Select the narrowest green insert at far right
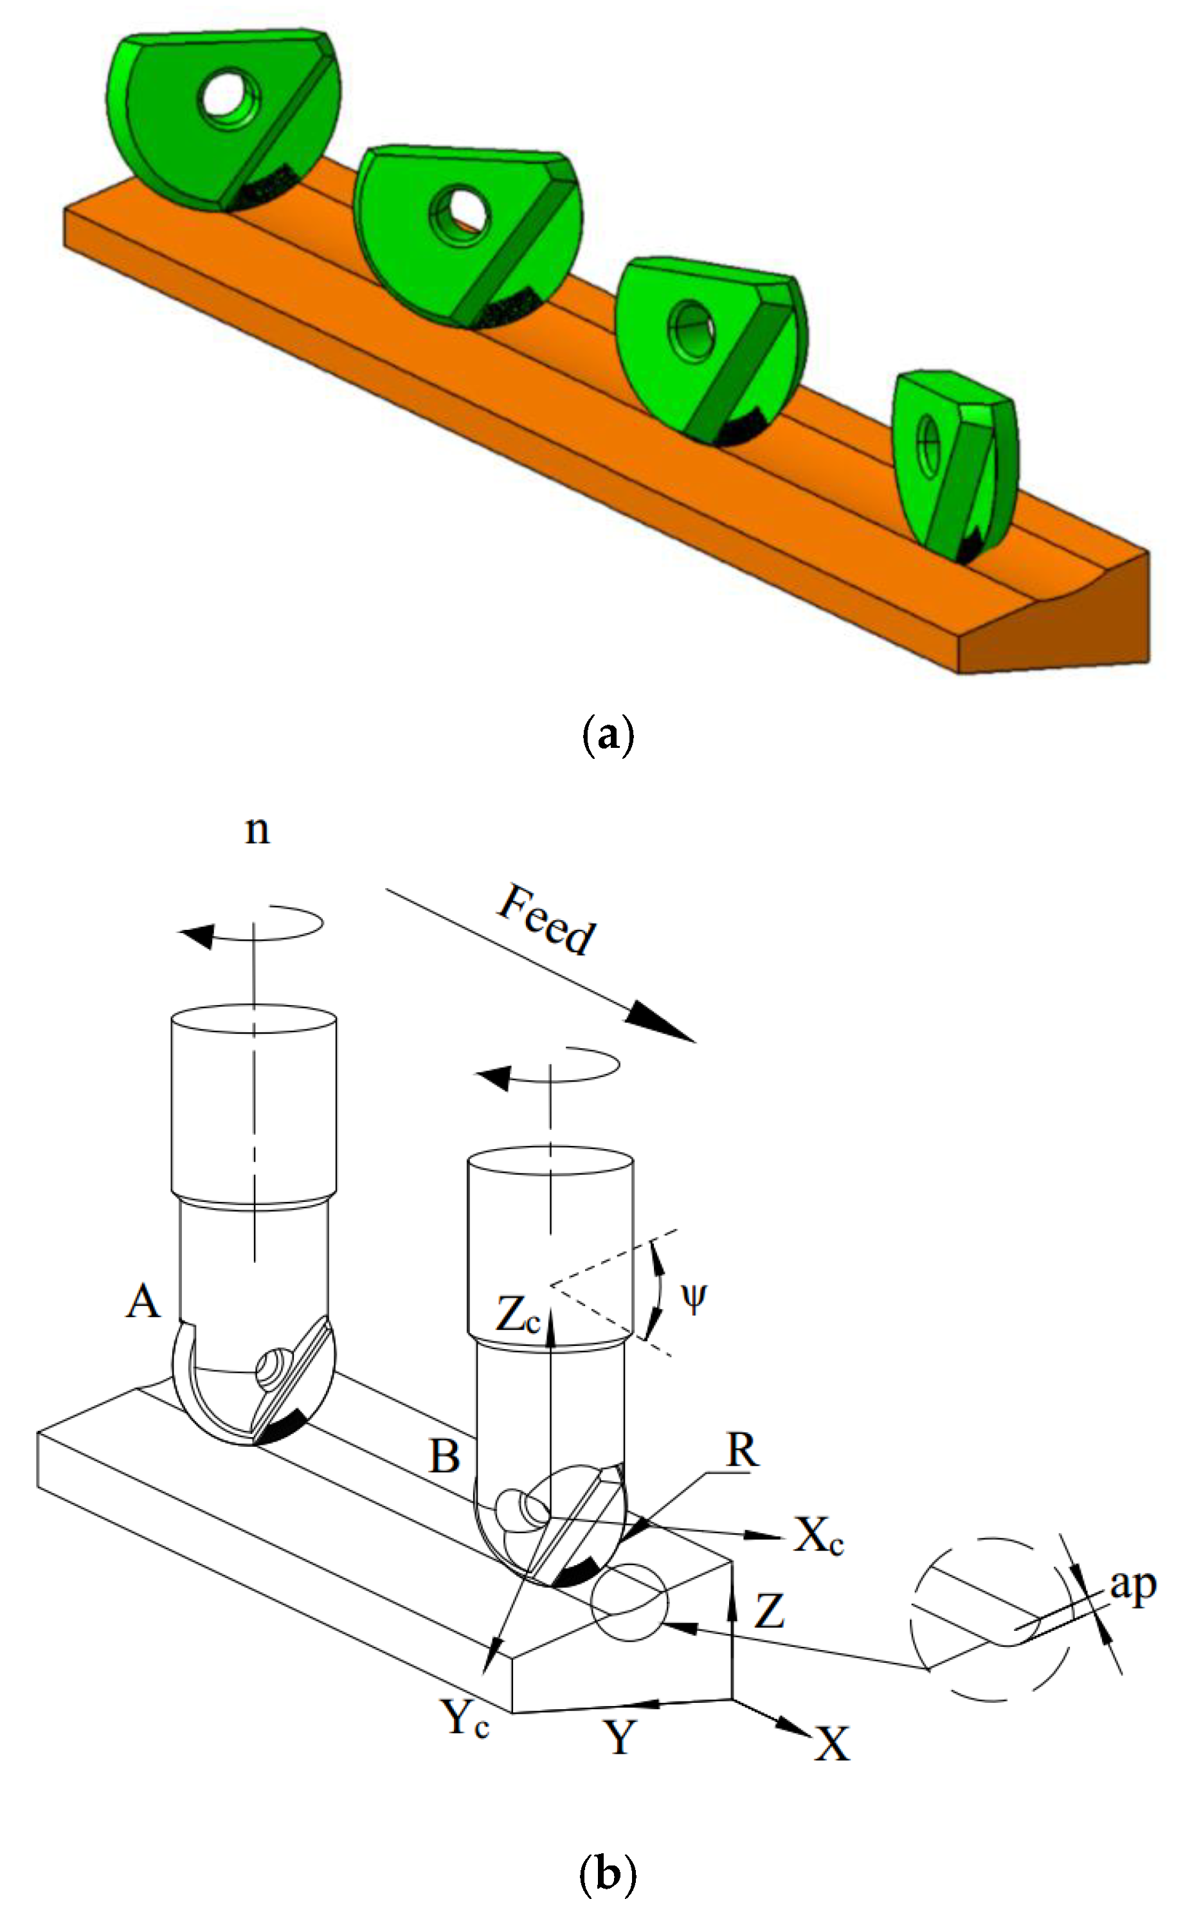coord(955,465)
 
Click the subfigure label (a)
coord(608,736)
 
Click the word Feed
coord(547,920)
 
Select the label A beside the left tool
coord(143,1303)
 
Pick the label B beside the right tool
coord(444,1457)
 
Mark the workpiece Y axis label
coord(620,1738)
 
